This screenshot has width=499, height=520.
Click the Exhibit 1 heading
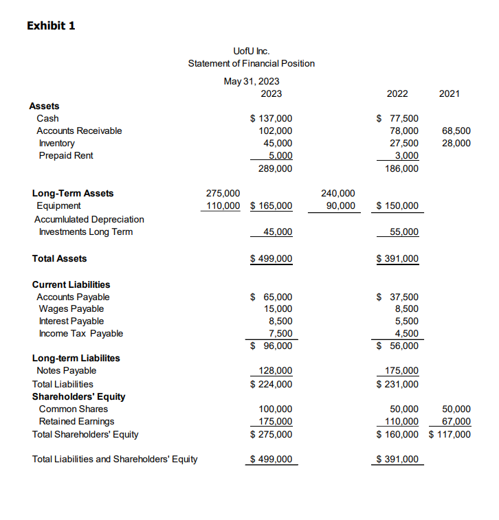pos(51,25)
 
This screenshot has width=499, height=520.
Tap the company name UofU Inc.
pos(252,51)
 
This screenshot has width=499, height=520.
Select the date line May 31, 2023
pos(252,81)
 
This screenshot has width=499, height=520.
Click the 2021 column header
pos(449,93)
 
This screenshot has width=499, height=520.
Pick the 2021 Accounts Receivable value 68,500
pos(457,131)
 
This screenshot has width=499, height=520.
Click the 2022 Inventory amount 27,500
pos(403,143)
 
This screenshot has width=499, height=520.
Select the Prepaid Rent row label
pos(66,155)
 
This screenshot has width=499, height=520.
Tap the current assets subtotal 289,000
pos(275,168)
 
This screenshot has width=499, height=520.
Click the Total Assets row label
pos(60,258)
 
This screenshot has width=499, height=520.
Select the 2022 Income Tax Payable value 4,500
pos(406,334)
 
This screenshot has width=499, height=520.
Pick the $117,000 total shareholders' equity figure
pos(450,434)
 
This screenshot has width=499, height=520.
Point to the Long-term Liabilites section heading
pos(76,358)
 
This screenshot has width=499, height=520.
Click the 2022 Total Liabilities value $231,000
pos(398,384)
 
